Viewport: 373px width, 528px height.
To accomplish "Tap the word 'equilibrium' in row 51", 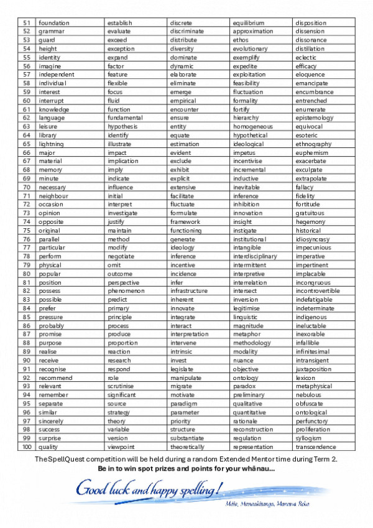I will pyautogui.click(x=249, y=23).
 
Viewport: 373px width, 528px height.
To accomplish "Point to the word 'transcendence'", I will pyautogui.click(x=316, y=447).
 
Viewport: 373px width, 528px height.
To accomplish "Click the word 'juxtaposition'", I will pyautogui.click(x=314, y=368).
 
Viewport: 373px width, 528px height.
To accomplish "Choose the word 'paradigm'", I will pyautogui.click(x=183, y=403).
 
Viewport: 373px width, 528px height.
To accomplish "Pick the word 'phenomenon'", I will pyautogui.click(x=126, y=290).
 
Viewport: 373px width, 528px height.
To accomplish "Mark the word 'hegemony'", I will pyautogui.click(x=310, y=221).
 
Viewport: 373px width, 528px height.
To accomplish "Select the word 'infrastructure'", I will pyautogui.click(x=189, y=290).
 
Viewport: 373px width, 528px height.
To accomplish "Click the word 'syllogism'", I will pyautogui.click(x=309, y=438).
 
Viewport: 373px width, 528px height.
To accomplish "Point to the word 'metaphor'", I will pyautogui.click(x=246, y=334).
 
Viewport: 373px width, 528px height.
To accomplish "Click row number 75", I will pyautogui.click(x=27, y=230).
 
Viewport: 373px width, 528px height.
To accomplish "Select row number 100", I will pyautogui.click(x=27, y=447).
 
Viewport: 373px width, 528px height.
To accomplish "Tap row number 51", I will pyautogui.click(x=27, y=23).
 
